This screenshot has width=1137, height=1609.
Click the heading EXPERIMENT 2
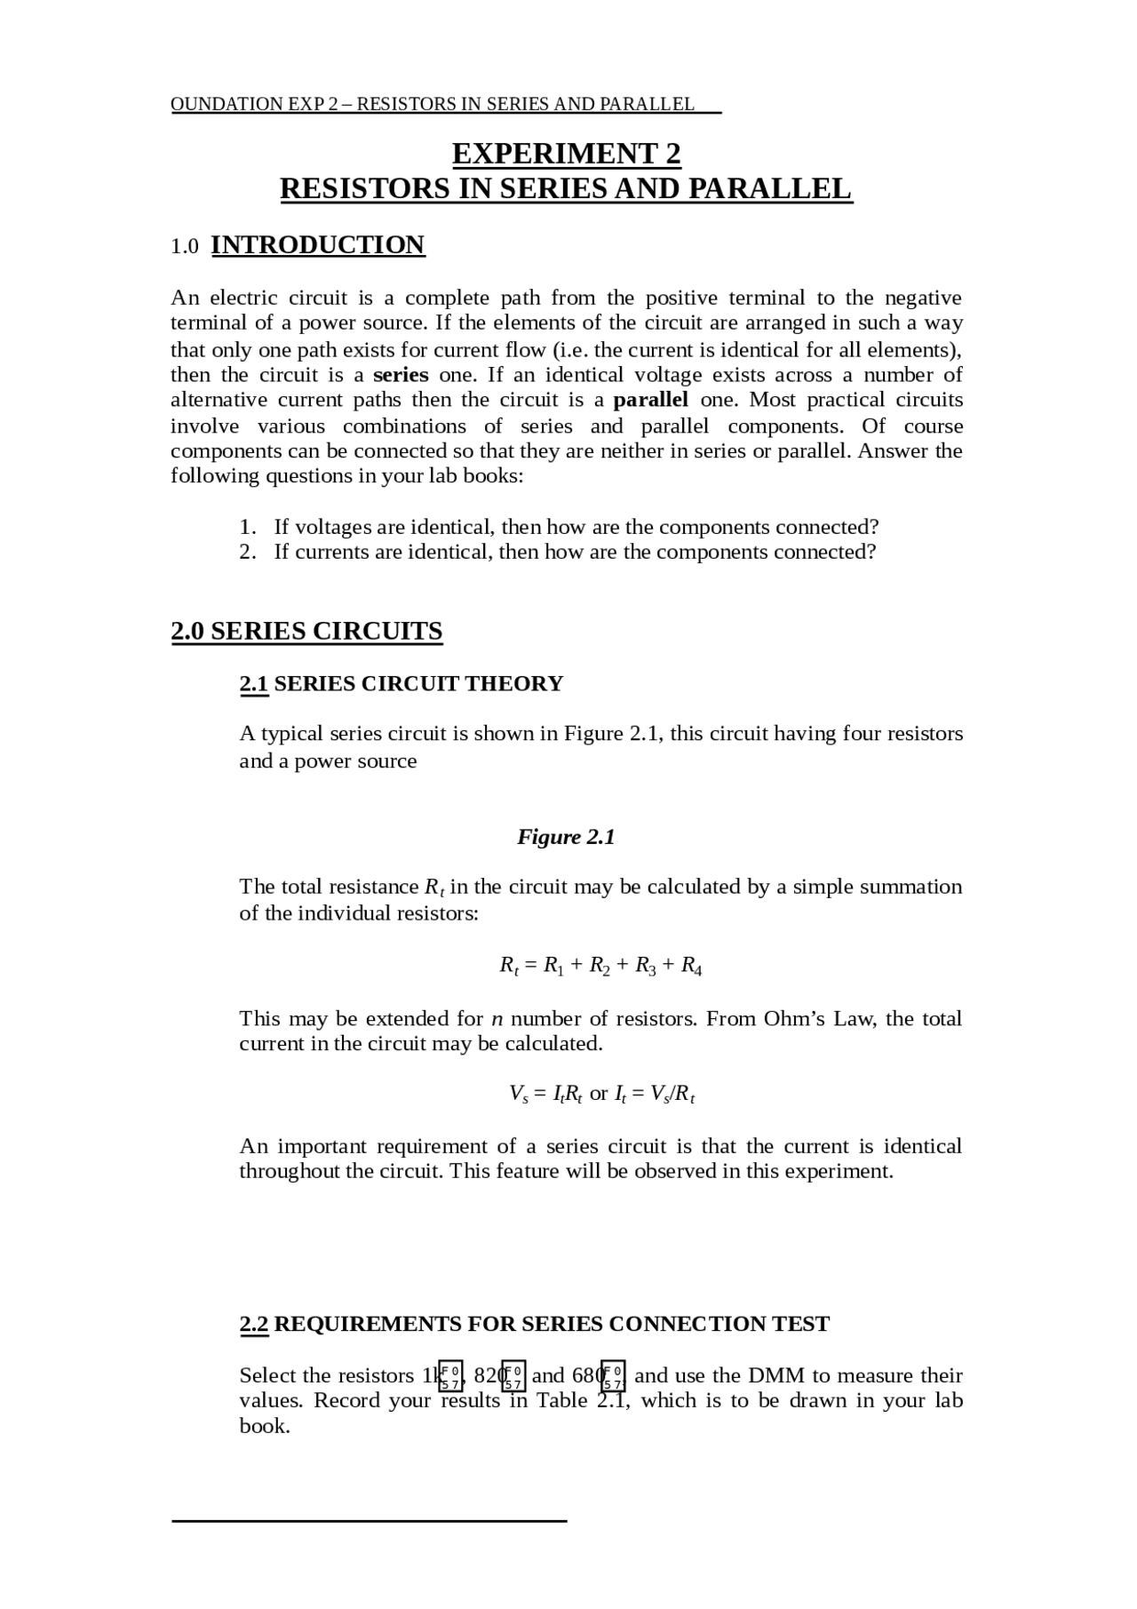(566, 155)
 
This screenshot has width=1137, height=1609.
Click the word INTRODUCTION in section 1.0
(318, 245)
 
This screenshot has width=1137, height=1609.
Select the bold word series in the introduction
(401, 375)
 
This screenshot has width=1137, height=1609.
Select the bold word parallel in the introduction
(650, 400)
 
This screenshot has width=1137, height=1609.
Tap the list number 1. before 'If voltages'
(248, 527)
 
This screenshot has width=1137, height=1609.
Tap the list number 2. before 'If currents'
(248, 552)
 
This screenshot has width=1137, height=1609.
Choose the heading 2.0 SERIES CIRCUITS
(306, 631)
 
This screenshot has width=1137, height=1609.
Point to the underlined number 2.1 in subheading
(254, 683)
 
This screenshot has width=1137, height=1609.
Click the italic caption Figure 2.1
(566, 837)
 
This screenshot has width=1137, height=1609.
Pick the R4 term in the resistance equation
(691, 966)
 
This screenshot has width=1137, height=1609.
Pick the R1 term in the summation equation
(553, 966)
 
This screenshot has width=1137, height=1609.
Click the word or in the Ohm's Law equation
(599, 1094)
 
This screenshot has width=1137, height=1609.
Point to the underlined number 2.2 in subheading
(254, 1324)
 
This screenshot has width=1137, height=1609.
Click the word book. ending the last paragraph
(265, 1426)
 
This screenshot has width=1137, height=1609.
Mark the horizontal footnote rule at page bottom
(369, 1521)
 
